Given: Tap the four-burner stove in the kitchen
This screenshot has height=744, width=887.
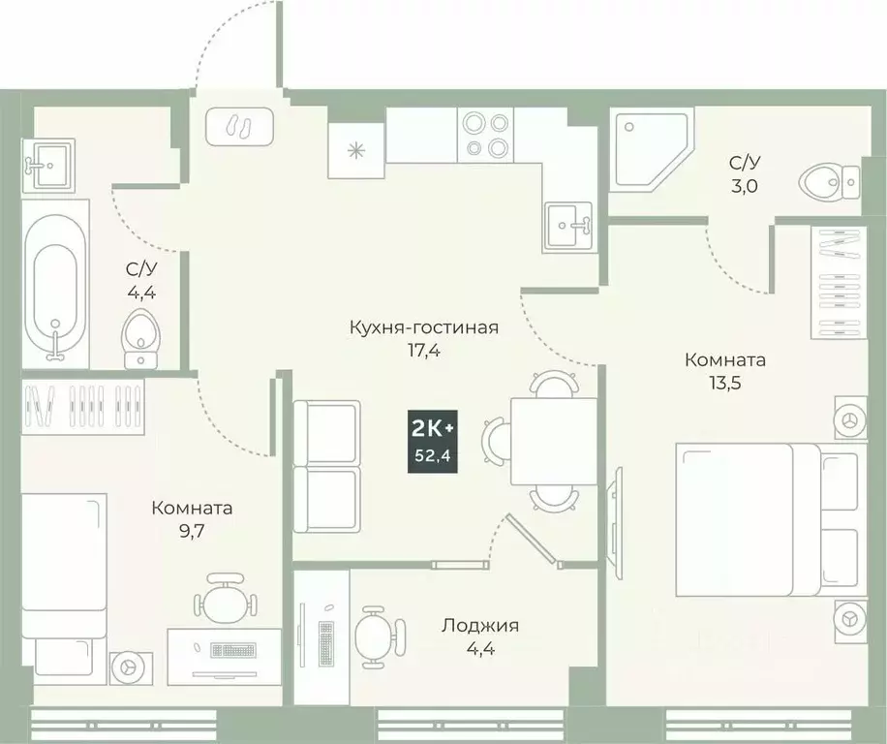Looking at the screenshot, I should [485, 135].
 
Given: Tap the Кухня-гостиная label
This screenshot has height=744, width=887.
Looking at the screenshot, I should [423, 327].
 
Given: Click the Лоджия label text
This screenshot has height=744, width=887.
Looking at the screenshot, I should [479, 626].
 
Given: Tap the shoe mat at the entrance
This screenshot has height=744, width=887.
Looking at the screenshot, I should [238, 128].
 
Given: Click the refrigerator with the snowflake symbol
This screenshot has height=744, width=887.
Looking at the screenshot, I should [356, 150].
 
